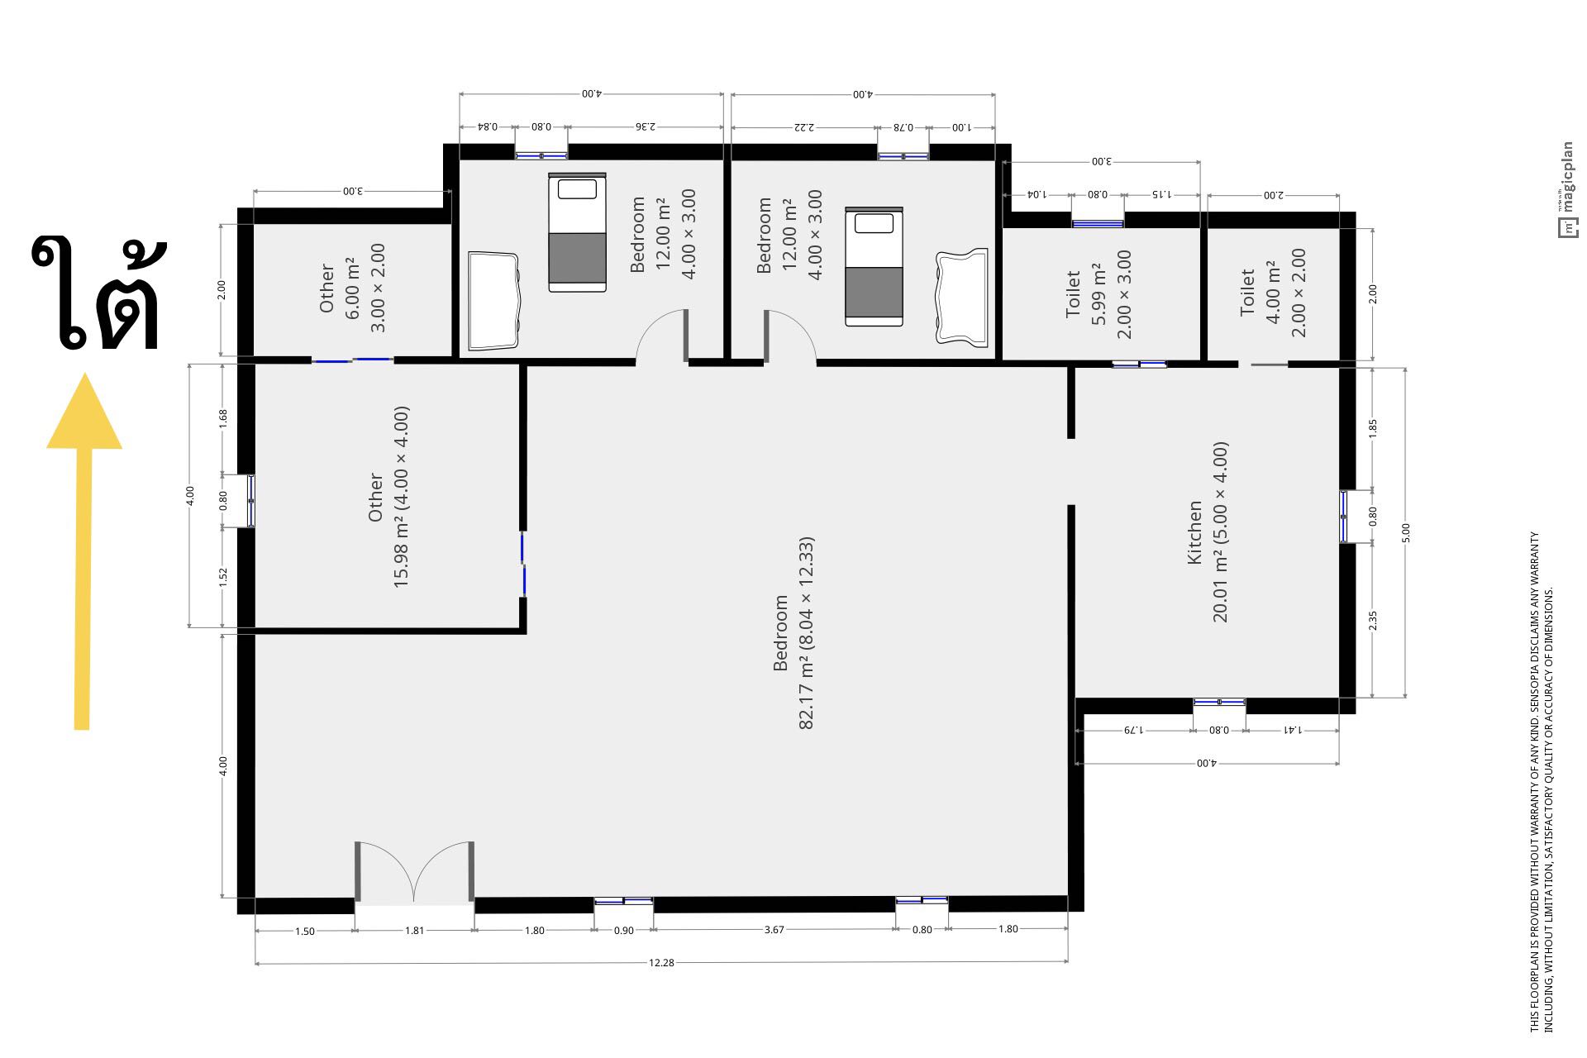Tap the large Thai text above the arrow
(x=97, y=293)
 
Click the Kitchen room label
(x=1194, y=532)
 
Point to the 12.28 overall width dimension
(x=661, y=962)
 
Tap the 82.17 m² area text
(x=808, y=633)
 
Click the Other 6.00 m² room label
(x=353, y=288)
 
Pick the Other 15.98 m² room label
(x=388, y=497)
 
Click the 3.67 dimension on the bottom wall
(x=774, y=929)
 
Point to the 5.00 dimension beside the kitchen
(x=1406, y=533)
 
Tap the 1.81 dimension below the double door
(x=414, y=930)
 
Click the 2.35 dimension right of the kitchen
(x=1373, y=620)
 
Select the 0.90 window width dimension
(x=624, y=930)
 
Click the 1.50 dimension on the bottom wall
(x=305, y=931)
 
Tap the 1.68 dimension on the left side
(x=222, y=418)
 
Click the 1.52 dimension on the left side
(x=222, y=577)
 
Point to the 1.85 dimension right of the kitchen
(x=1373, y=428)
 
